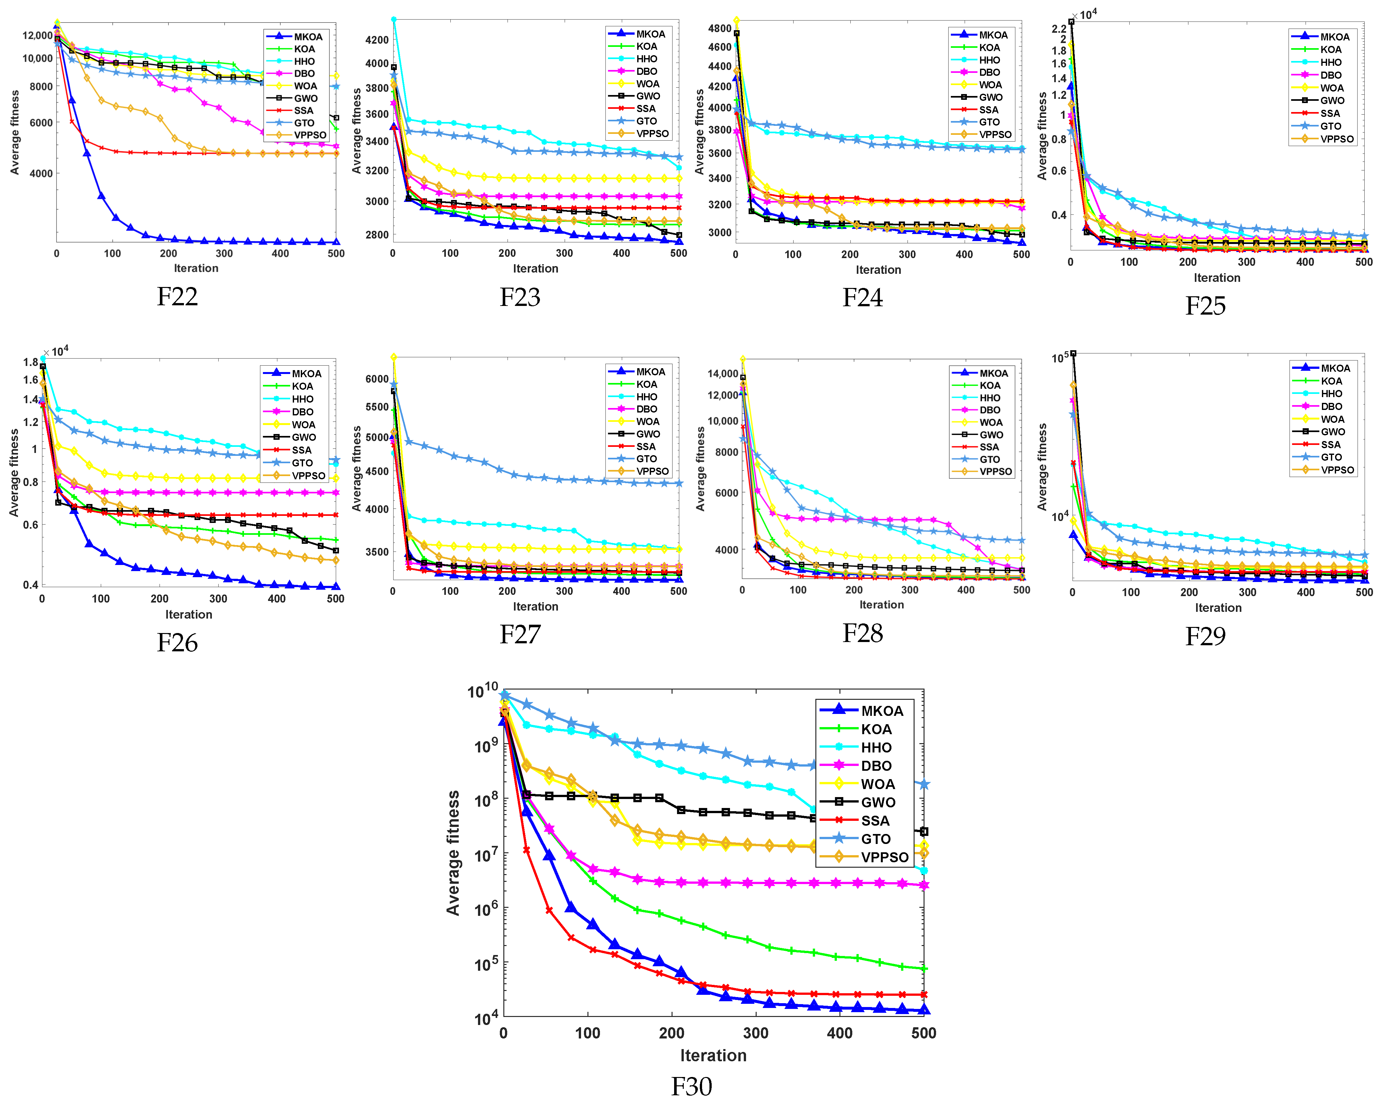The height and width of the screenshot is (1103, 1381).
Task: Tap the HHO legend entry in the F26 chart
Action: pos(302,399)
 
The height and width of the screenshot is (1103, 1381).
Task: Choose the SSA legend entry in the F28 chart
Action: pos(989,447)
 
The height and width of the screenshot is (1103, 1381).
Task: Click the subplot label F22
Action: pos(178,297)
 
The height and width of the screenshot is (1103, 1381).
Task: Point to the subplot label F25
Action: pos(1205,306)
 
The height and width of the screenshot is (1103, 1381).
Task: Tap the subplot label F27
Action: pos(519,634)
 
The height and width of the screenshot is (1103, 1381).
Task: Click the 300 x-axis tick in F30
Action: pos(756,1033)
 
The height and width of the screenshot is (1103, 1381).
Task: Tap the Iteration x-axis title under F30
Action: pos(713,1055)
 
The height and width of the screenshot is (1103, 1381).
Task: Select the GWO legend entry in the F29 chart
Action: pos(1333,432)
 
